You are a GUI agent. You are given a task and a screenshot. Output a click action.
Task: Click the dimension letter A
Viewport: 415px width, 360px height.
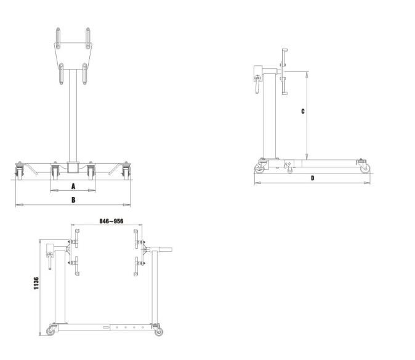(73, 186)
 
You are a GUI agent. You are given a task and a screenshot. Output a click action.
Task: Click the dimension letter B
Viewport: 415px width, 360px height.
(73, 200)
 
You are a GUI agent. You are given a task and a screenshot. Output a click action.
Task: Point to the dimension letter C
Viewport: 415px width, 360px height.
(303, 111)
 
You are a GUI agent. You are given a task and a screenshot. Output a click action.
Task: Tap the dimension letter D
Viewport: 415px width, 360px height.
(313, 178)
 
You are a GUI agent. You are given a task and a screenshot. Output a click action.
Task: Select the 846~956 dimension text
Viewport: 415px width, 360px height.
(111, 221)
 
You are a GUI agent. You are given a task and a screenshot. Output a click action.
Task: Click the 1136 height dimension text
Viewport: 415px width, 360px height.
(36, 283)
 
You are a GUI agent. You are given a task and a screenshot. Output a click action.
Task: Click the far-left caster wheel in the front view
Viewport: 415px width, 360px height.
(19, 174)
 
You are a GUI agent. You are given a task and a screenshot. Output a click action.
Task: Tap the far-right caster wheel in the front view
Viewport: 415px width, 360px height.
(126, 174)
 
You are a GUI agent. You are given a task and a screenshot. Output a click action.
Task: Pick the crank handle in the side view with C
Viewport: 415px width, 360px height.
(257, 85)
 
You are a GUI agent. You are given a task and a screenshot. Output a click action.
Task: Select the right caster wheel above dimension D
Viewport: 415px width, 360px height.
(366, 168)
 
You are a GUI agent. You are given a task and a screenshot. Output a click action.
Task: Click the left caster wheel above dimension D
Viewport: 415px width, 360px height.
(259, 169)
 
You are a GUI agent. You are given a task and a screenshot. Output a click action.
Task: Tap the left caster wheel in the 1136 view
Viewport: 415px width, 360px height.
(50, 331)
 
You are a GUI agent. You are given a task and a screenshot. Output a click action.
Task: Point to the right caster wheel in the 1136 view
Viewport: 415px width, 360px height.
(158, 332)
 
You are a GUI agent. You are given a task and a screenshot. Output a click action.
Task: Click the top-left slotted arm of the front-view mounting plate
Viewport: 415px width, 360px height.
(58, 38)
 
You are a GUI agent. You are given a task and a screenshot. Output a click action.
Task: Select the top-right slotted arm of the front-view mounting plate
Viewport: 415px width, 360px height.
(88, 38)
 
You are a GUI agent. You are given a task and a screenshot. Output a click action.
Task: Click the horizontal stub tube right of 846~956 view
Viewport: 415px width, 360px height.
(165, 249)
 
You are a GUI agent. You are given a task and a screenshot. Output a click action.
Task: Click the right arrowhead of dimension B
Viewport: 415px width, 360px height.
(127, 205)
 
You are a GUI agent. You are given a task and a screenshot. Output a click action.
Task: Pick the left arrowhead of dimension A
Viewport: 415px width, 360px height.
(54, 190)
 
